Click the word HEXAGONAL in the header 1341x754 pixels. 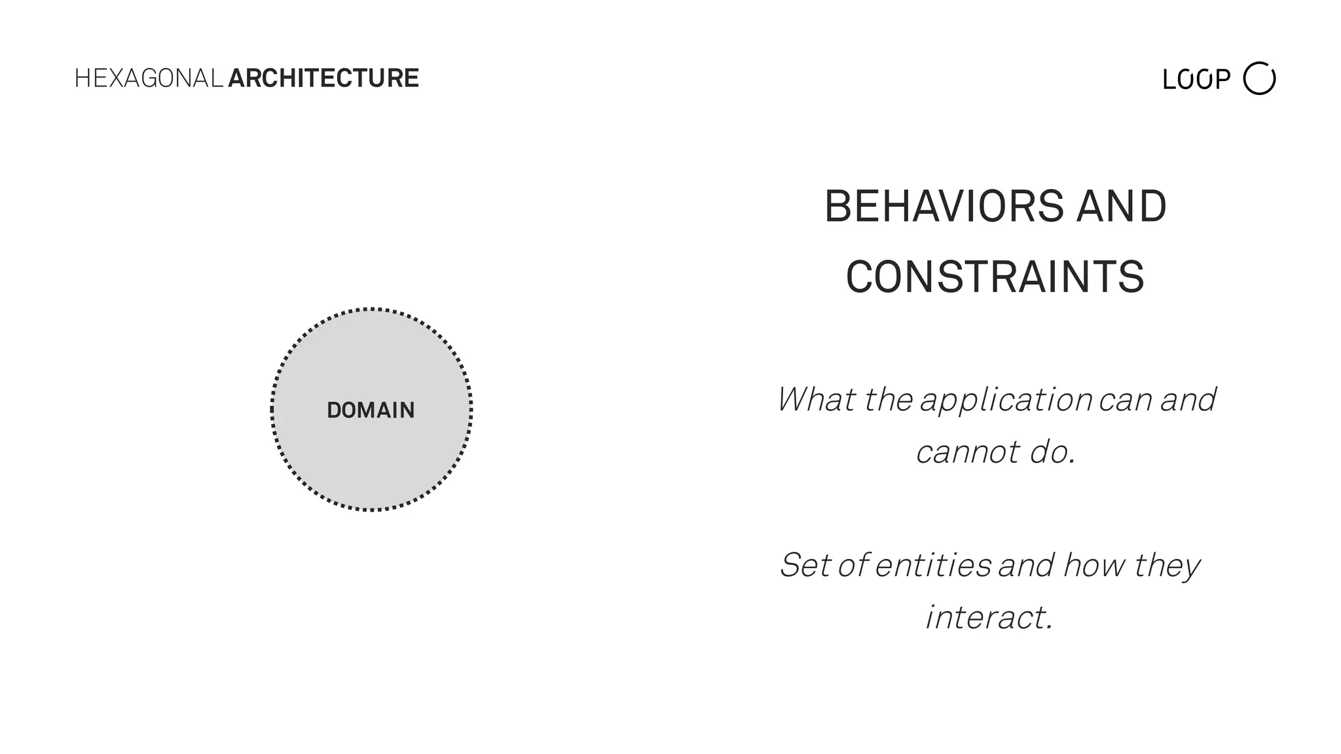(x=149, y=79)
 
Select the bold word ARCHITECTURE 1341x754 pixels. (x=323, y=79)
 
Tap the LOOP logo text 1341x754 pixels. (x=1196, y=80)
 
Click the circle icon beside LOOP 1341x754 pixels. (x=1259, y=79)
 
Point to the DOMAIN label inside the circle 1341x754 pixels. (x=371, y=410)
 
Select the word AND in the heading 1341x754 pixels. (x=1122, y=207)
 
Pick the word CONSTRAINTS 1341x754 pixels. (x=995, y=278)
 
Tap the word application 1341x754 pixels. (x=1006, y=401)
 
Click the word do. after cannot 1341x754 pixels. (x=1052, y=452)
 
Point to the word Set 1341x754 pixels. (x=805, y=565)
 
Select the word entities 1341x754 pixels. (x=932, y=565)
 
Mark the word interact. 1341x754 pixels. (x=989, y=618)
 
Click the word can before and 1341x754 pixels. (x=1126, y=401)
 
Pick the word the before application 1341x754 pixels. (x=888, y=399)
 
